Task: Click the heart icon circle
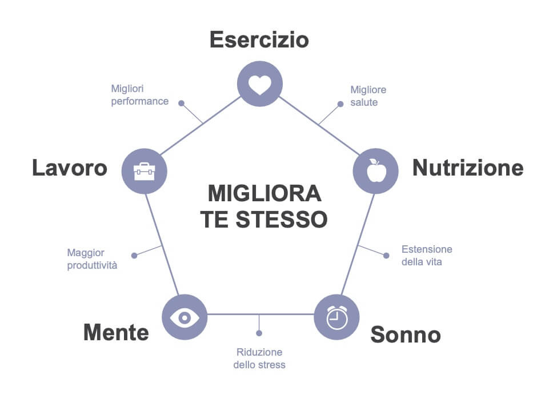coord(260,84)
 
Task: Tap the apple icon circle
coord(375,170)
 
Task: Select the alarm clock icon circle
coord(337,317)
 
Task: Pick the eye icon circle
coord(185,317)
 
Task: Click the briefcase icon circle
coord(145,170)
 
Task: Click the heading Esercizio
coord(259,40)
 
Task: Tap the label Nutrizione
coord(468,168)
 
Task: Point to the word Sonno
coord(406,335)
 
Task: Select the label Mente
coord(116,332)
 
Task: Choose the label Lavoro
coord(70,168)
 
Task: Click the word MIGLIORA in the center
coord(265,194)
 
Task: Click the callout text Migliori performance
coord(139,95)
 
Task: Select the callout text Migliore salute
coord(368,96)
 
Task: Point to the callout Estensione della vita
coord(427,256)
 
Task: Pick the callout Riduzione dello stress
coord(259,359)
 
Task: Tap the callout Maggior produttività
coord(92,258)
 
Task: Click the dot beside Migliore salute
coord(340,104)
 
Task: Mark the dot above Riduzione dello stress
coord(259,333)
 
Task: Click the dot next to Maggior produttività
coord(134,256)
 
